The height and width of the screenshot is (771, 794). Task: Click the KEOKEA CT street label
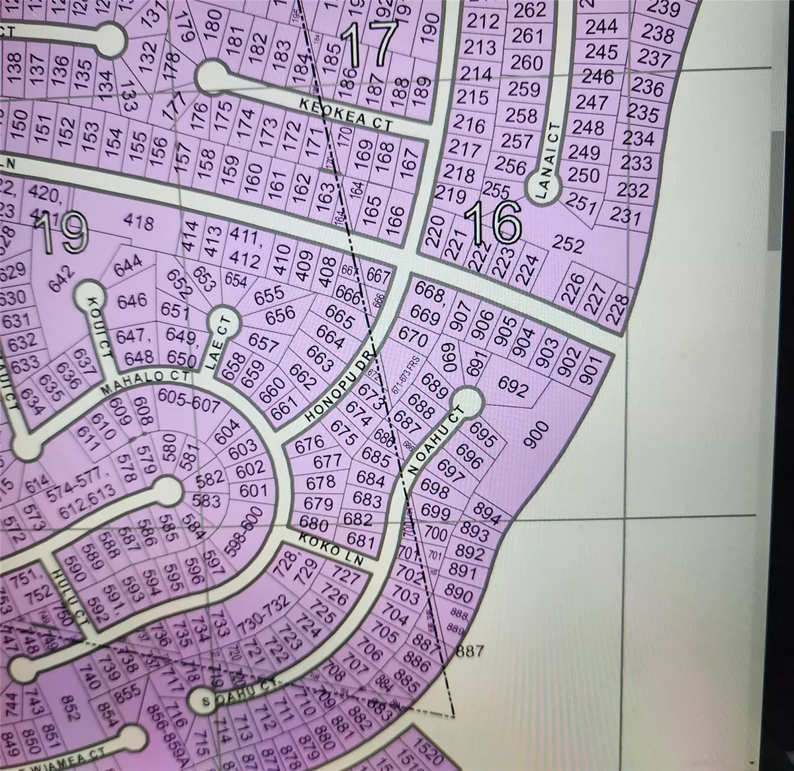click(346, 114)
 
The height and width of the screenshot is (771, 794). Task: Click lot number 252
click(568, 245)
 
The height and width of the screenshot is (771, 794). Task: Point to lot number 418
click(144, 223)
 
